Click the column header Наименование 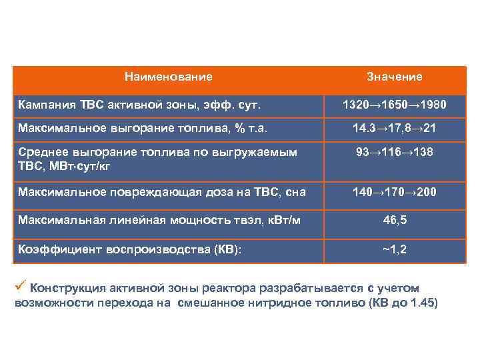pos(169,77)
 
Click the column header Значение pos(394,77)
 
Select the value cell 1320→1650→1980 pos(394,105)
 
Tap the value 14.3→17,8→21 pos(394,127)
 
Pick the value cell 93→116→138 pos(394,152)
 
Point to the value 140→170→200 pos(394,192)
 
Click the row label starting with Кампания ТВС pos(139,105)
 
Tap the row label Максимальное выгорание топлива pos(147,127)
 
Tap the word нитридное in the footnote pos(288,302)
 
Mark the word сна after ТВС pos(295,192)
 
